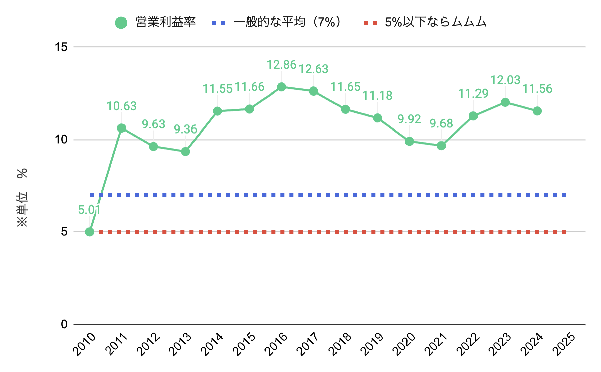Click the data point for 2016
281,87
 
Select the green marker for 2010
90,232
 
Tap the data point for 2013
185,152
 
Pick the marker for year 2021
441,146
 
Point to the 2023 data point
505,102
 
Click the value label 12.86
281,65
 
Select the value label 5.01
89,210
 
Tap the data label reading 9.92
409,119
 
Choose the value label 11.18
377,96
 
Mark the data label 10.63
121,106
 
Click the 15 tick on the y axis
61,47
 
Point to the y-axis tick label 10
61,140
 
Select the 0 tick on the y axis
64,324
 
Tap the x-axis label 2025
564,344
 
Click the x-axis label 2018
340,344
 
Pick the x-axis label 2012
148,344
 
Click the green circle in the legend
121,23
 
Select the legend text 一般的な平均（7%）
287,22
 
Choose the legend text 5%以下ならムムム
436,22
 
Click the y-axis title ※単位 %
22,197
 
